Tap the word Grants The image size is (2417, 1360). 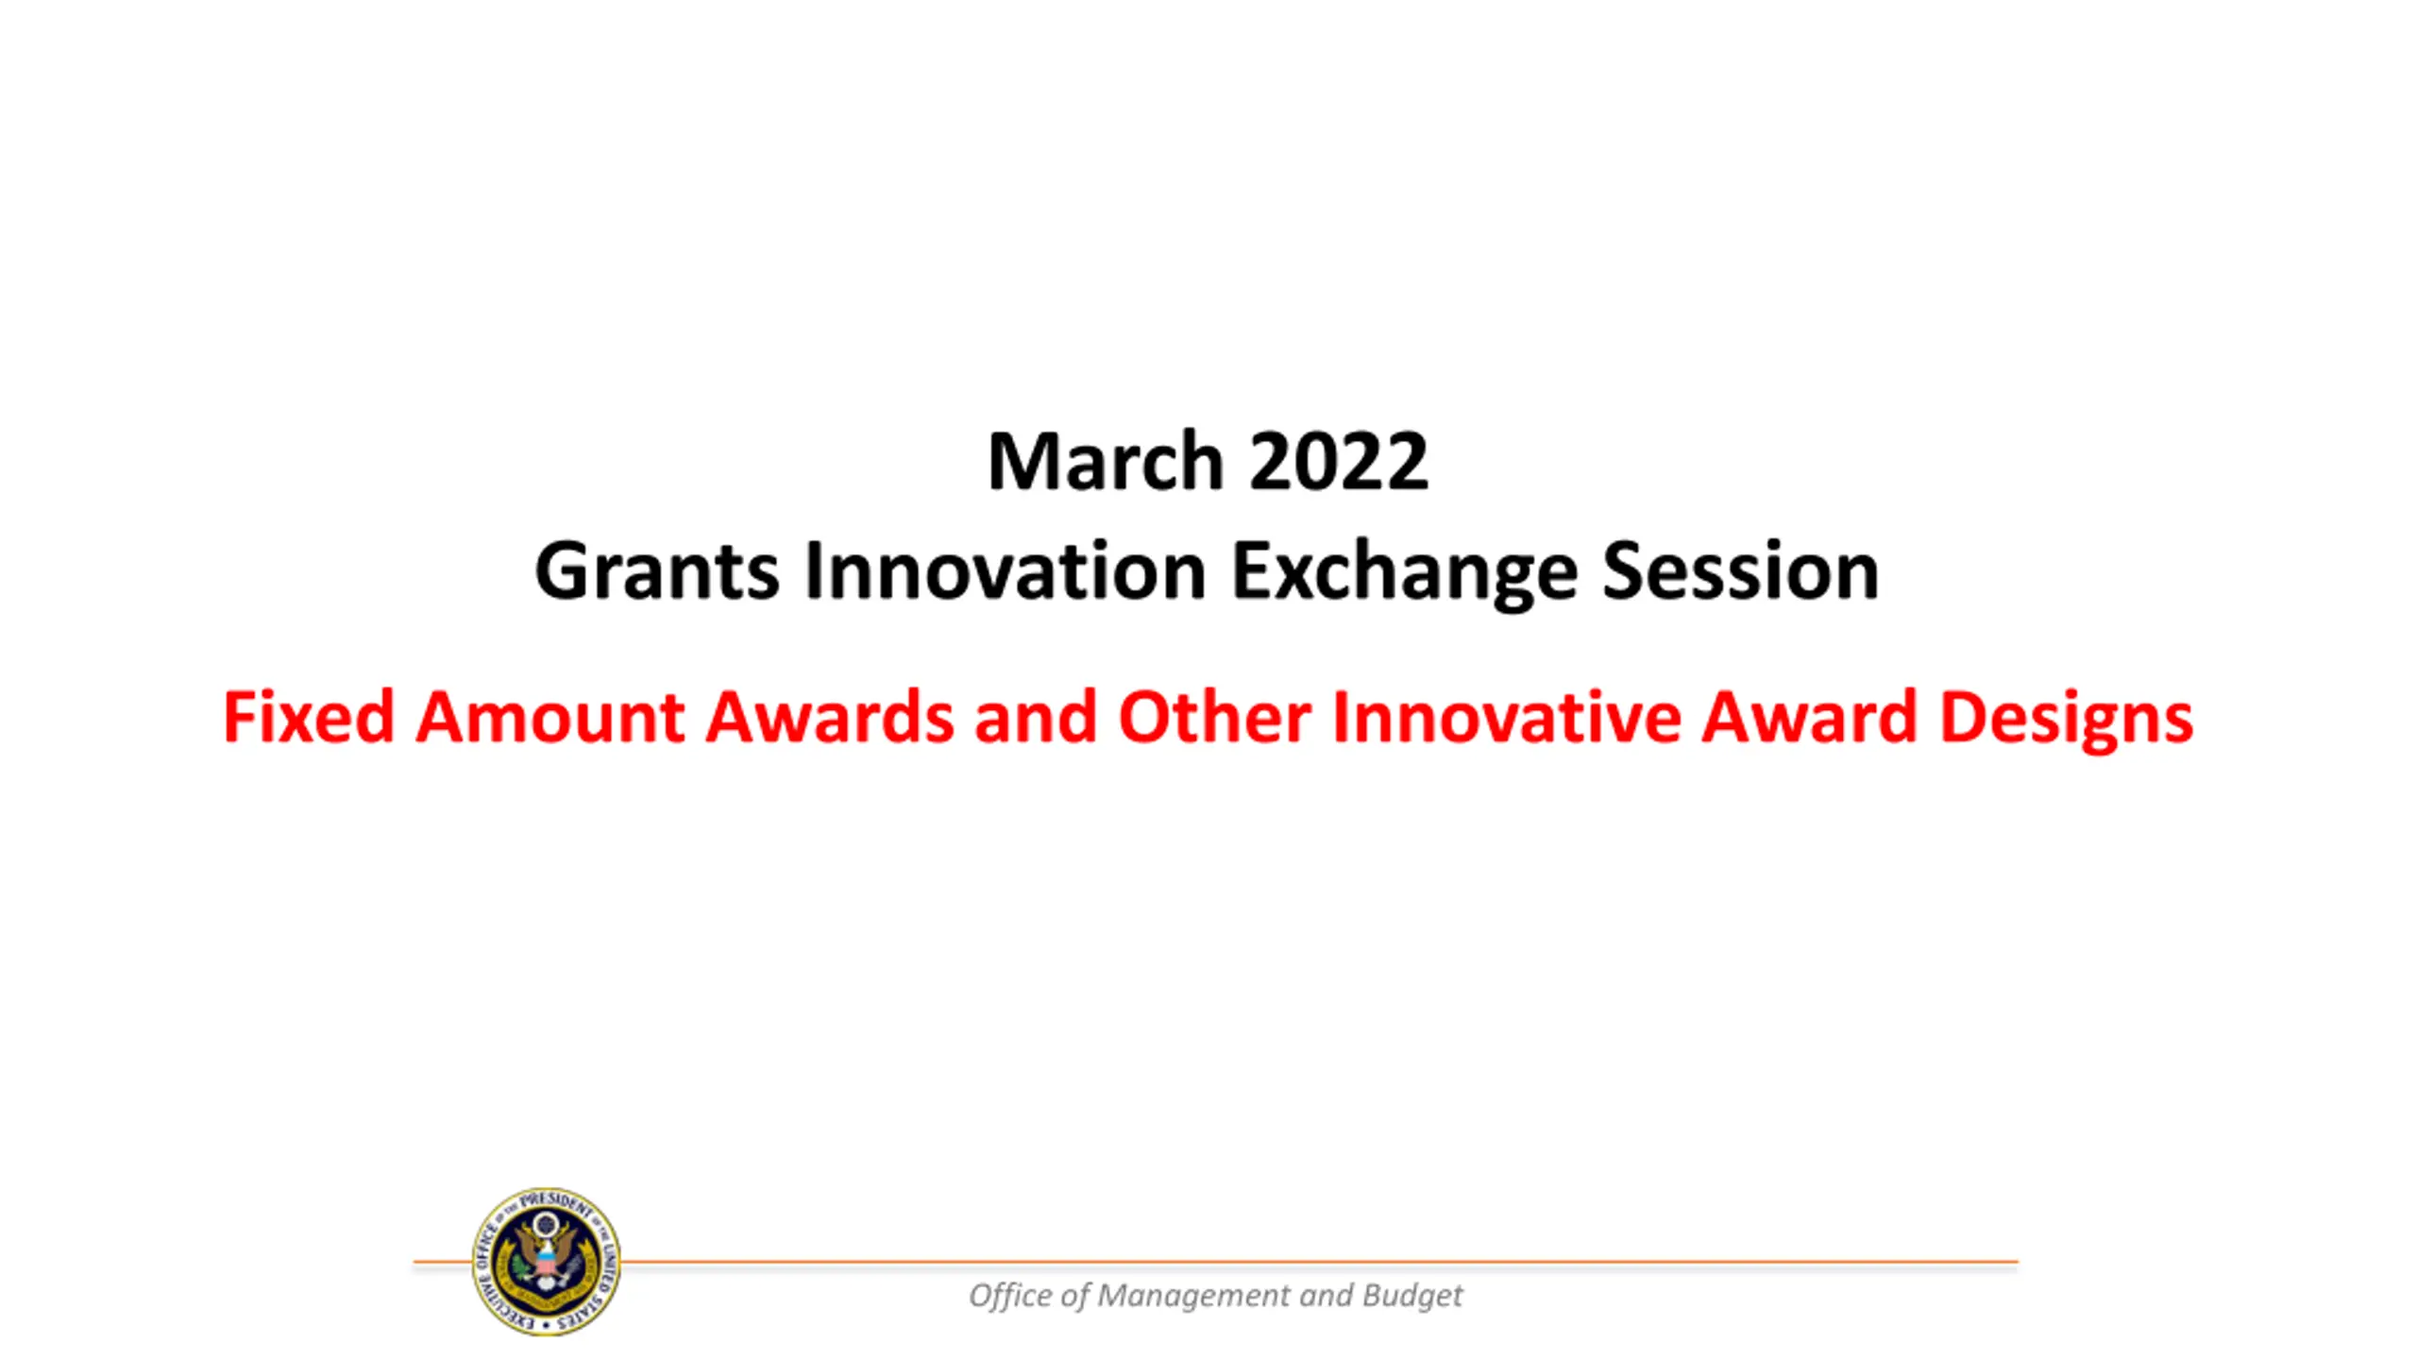point(657,571)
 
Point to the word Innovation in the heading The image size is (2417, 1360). point(1006,571)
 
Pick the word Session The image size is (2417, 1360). point(1740,571)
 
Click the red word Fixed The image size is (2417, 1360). point(308,717)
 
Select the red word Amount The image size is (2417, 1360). point(549,717)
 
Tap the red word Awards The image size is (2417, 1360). point(830,717)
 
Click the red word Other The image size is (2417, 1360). point(1214,717)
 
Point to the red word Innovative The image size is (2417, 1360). point(1507,717)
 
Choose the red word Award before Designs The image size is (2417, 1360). point(1809,717)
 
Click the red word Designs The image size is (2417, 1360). point(2066,720)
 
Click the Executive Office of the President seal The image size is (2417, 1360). point(547,1262)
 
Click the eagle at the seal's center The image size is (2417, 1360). point(547,1256)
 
